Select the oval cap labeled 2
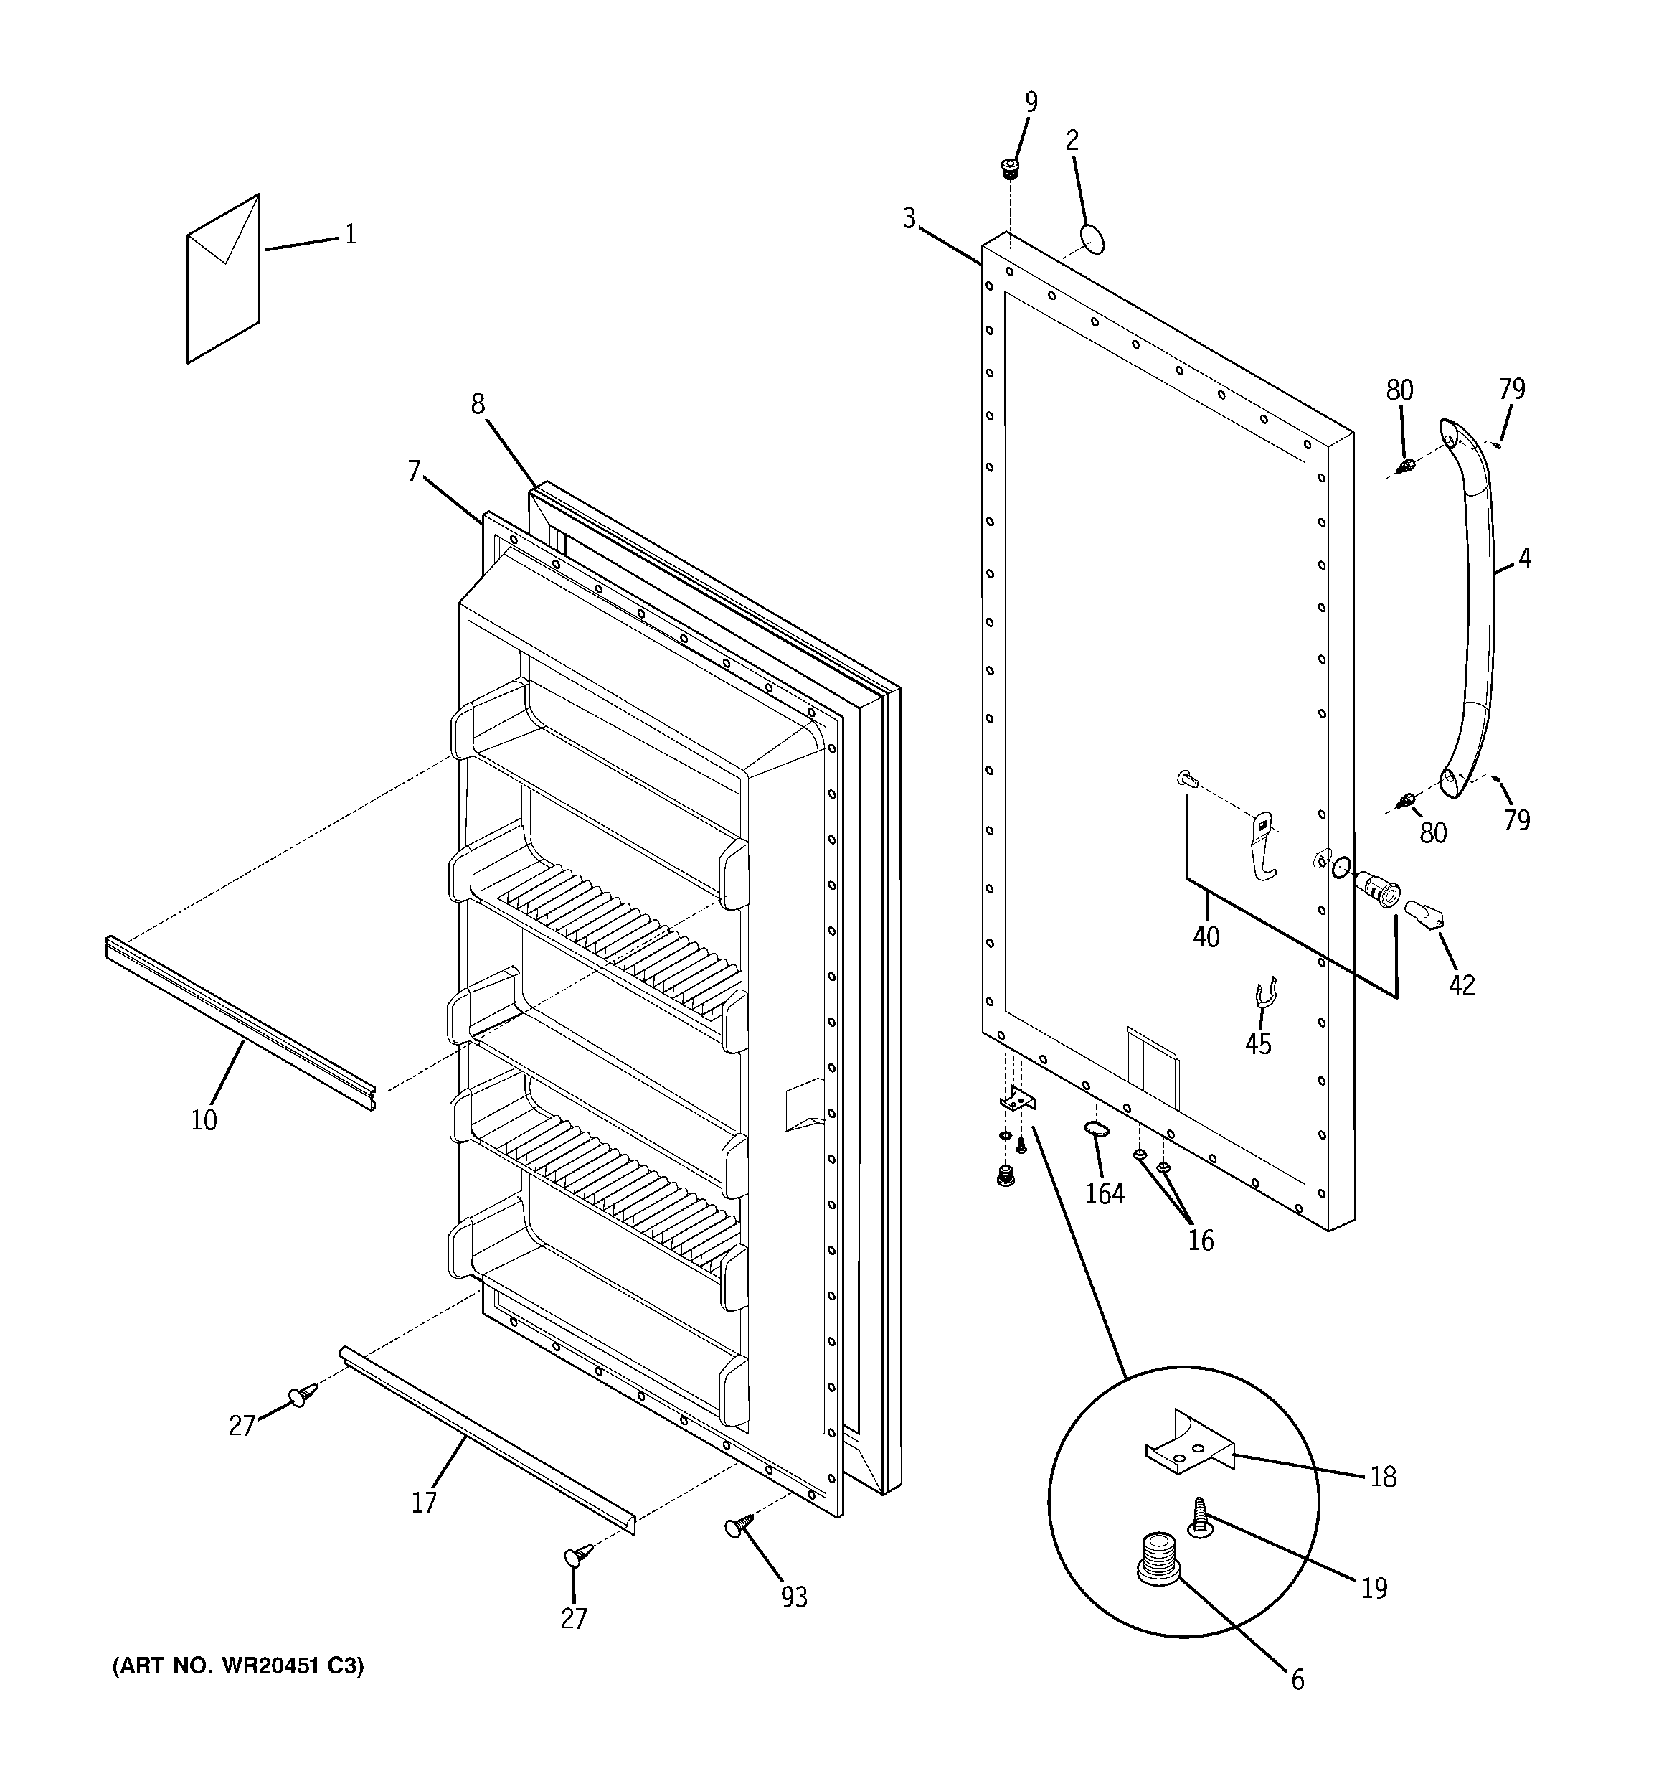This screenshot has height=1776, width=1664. coord(1092,240)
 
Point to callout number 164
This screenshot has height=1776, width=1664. coord(1105,1193)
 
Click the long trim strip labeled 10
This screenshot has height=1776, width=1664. coord(240,1021)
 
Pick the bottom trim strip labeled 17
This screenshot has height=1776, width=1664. coord(487,1440)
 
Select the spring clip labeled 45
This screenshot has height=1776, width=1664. coord(1264,992)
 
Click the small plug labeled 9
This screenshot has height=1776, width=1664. coord(1010,167)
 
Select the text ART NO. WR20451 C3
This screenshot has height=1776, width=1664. coord(237,1666)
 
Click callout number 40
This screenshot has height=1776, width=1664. coord(1206,937)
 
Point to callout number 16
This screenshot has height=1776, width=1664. coord(1201,1240)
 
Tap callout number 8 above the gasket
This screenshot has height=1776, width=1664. coord(478,405)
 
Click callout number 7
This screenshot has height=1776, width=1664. coord(414,471)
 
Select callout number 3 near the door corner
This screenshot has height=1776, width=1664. coord(909,218)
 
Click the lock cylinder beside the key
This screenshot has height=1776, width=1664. coord(1376,889)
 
